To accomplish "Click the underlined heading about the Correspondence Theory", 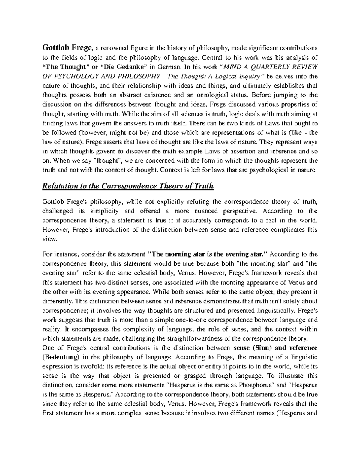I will click(x=128, y=186).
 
